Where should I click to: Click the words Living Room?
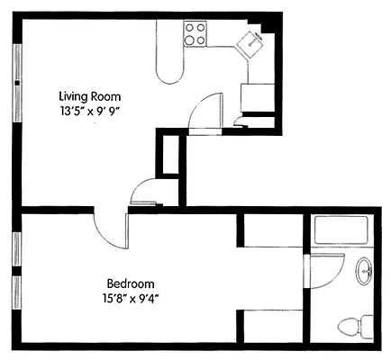pos(89,96)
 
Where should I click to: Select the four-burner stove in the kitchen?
pos(196,34)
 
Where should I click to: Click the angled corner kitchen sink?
pos(251,41)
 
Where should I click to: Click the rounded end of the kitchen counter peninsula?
pos(170,72)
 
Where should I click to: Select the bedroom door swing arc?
pos(110,231)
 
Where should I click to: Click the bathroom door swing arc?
pos(330,270)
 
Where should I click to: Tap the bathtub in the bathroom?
pos(340,231)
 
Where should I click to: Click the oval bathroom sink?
pos(364,270)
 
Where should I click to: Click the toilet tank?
pos(366,326)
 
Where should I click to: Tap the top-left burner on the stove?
pos(191,28)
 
